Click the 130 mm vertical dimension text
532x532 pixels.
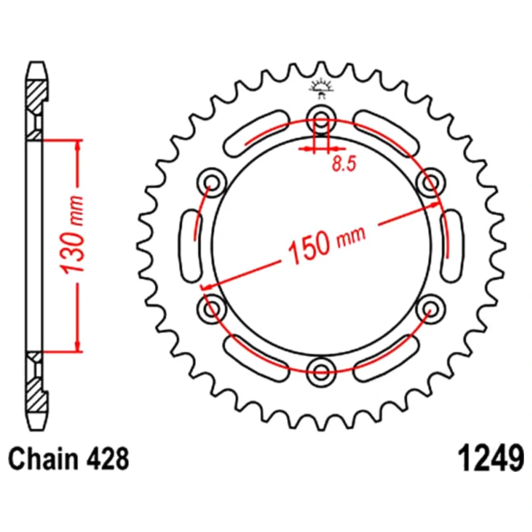(x=73, y=235)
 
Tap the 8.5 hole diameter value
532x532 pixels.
(x=343, y=164)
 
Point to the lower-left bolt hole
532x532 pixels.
(x=212, y=306)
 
